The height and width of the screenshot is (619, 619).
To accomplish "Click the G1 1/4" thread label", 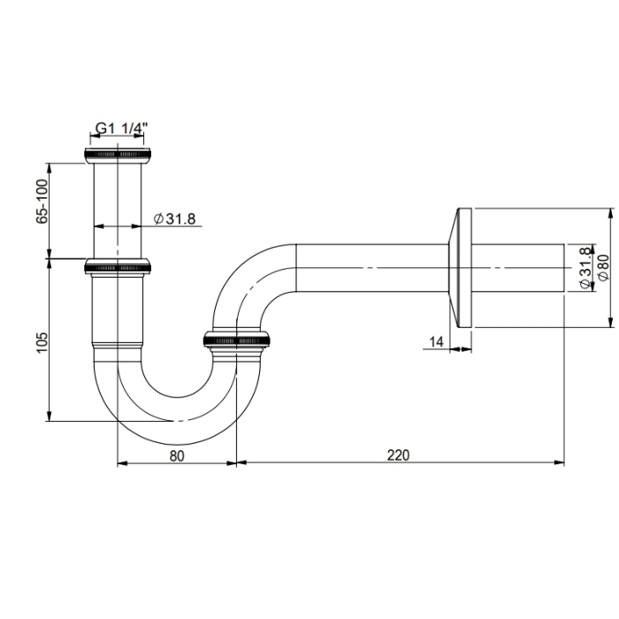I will click(x=119, y=129).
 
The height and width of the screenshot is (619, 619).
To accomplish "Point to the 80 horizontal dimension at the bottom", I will click(x=177, y=455).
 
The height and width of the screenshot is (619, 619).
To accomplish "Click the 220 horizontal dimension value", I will click(x=398, y=455).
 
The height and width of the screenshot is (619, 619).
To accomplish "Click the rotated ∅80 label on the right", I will click(x=603, y=267).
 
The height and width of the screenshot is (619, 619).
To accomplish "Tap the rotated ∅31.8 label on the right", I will click(x=585, y=267).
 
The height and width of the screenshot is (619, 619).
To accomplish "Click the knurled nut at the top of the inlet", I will click(x=118, y=154).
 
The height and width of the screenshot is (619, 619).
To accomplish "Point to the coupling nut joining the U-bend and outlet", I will click(x=237, y=340).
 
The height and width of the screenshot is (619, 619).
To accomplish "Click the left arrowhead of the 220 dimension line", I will click(x=243, y=462).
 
